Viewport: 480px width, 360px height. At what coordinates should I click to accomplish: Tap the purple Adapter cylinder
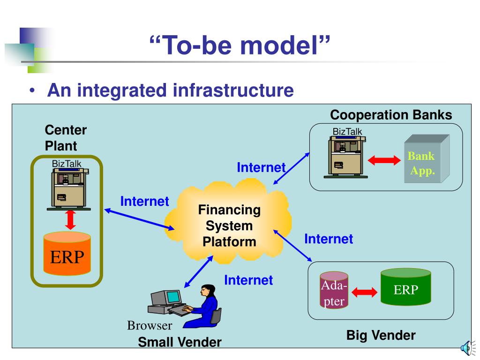[334, 290]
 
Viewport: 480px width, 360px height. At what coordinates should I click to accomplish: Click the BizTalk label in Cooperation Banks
[347, 132]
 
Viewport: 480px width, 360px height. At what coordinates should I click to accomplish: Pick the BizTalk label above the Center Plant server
[67, 164]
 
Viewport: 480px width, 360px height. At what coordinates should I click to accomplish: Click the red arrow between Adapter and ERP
[364, 292]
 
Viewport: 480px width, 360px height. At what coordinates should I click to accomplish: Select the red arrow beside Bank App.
[385, 160]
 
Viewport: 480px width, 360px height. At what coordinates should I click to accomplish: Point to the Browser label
[150, 325]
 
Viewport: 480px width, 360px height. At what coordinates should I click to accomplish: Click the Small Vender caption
[179, 342]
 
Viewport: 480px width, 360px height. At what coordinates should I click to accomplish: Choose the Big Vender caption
[381, 335]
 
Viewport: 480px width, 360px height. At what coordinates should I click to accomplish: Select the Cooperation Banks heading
[391, 115]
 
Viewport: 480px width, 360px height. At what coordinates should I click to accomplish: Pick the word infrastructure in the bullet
[232, 90]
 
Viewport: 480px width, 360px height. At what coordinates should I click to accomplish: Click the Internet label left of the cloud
[144, 202]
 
